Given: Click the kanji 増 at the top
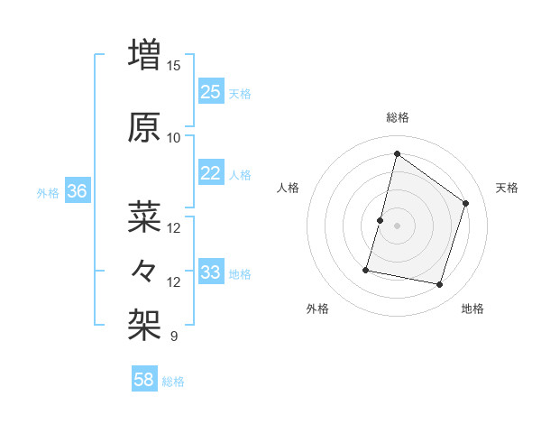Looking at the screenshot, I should [145, 53].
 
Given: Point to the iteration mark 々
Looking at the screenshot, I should [145, 270].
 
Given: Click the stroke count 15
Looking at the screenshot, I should [174, 66].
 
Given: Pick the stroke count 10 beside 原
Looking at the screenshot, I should [174, 138].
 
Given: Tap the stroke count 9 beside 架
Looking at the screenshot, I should [174, 336].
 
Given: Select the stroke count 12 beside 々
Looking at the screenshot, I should [174, 282].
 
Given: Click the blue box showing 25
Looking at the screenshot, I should [210, 92].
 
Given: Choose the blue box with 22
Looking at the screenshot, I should [210, 173].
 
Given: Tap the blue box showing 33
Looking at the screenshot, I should [210, 272].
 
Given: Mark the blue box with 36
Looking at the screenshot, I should [77, 191].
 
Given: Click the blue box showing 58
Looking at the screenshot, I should [144, 380].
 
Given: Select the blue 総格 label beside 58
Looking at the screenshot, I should [173, 382].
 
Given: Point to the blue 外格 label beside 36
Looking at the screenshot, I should [48, 193].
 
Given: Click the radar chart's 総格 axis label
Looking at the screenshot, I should [397, 117].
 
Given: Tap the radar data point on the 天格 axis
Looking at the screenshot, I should [466, 203].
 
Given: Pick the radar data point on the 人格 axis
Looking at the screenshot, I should [380, 220].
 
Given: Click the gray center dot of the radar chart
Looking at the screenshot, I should [397, 226].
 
